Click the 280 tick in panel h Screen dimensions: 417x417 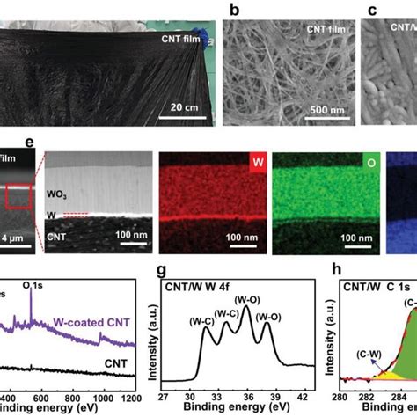[x=340, y=396]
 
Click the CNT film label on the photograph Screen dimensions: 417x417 [x=182, y=39]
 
